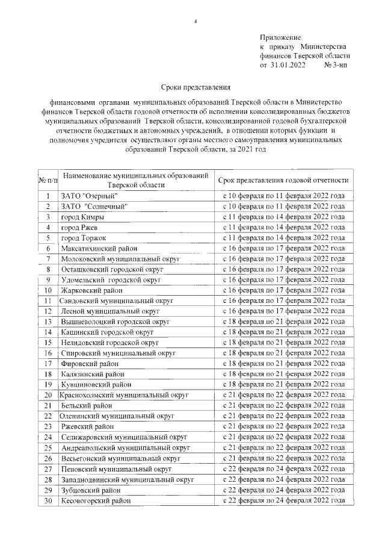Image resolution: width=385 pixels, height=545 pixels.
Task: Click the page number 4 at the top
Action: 196,22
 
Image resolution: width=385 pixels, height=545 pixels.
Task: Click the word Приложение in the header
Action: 280,37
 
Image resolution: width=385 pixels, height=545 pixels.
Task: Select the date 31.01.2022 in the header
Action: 289,64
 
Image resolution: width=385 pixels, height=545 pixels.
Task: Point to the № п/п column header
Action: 48,180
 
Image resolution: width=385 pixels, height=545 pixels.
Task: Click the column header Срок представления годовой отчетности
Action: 283,180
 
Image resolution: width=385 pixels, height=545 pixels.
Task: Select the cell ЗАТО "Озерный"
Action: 89,196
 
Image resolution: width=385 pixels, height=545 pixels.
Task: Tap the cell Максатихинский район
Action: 99,248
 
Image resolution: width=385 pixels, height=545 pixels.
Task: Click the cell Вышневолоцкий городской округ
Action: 115,322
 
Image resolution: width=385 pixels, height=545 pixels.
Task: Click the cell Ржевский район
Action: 87,426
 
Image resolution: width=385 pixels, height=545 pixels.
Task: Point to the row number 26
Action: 48,458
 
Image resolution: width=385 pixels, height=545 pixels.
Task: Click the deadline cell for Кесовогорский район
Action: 283,500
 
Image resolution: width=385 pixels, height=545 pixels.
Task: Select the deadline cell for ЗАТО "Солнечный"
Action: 283,206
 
